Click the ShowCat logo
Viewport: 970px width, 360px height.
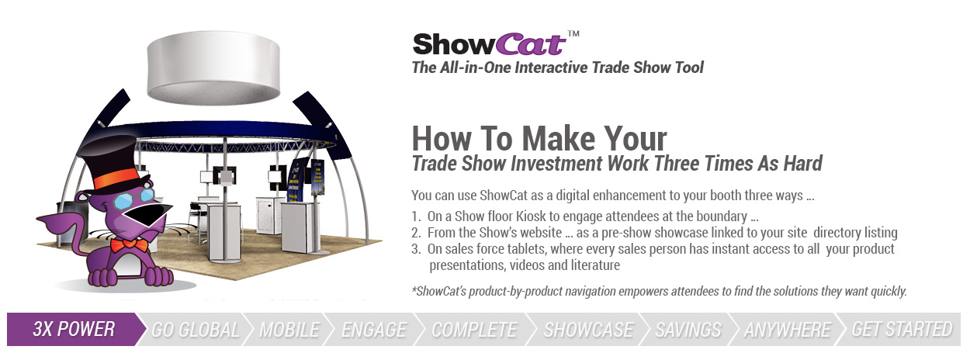(490, 45)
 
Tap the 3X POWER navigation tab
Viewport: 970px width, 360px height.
(74, 329)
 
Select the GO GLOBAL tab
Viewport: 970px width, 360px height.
(195, 330)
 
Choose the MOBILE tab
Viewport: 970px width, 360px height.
(289, 330)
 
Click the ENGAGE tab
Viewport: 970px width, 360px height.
(374, 330)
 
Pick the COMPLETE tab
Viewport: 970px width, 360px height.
(474, 330)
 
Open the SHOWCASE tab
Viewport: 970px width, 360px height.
(588, 330)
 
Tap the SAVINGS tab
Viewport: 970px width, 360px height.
(688, 330)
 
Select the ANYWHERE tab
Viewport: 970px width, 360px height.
(787, 330)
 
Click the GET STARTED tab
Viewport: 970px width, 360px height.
(902, 329)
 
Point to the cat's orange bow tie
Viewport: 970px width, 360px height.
(129, 245)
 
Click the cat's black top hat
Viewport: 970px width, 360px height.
(113, 162)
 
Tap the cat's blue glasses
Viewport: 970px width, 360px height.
(133, 199)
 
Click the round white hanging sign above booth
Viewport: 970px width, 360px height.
(213, 67)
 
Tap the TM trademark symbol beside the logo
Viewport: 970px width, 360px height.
(573, 33)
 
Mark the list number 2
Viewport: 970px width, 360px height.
(416, 233)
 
